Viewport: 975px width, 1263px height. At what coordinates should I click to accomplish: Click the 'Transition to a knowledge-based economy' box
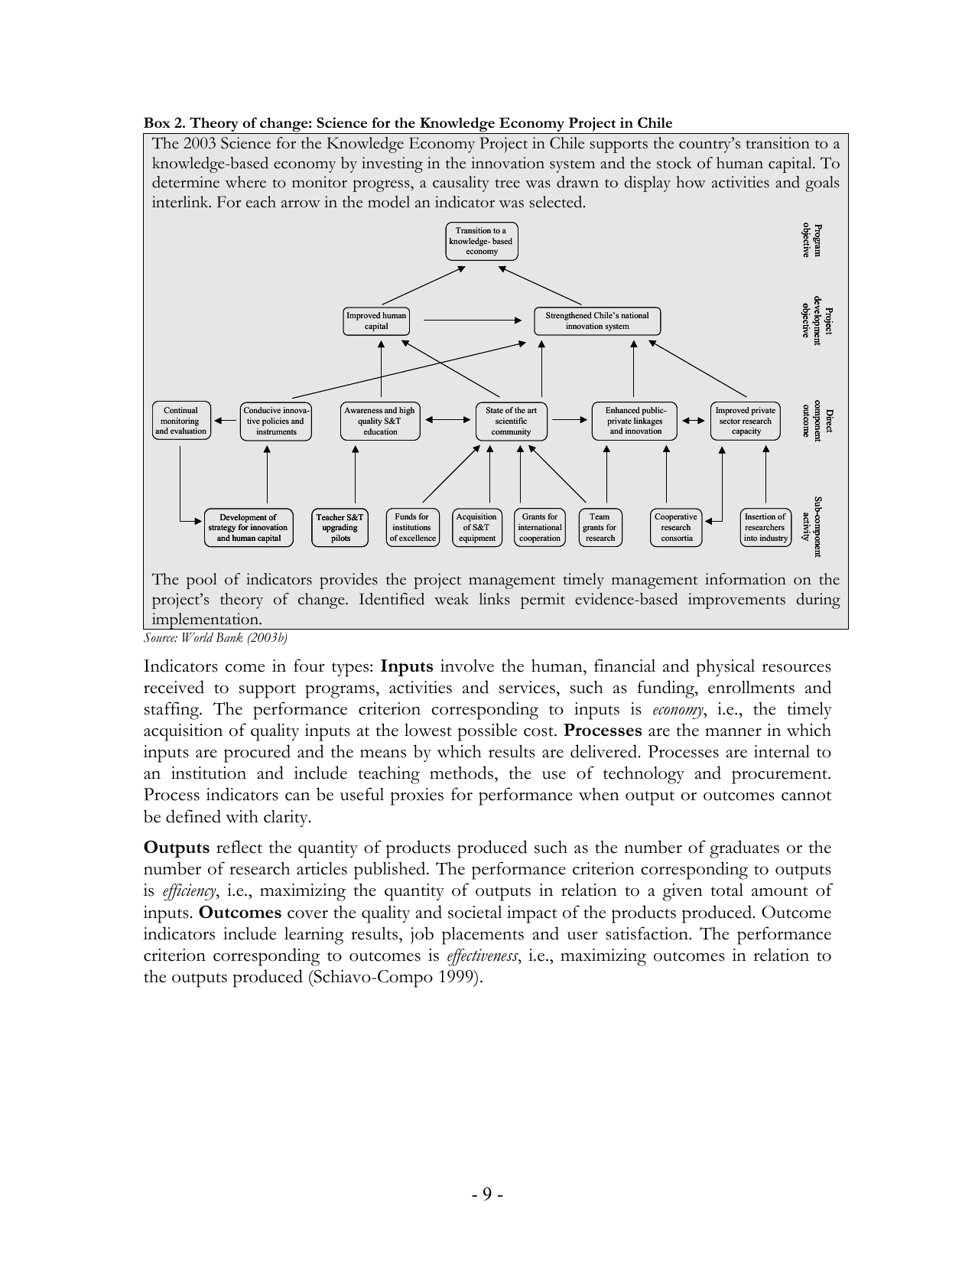point(481,241)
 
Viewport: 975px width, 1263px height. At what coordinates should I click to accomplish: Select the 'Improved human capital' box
point(375,321)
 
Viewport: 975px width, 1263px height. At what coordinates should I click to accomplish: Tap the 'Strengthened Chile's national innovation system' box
point(596,321)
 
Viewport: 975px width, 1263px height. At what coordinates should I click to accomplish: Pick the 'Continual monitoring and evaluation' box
point(180,421)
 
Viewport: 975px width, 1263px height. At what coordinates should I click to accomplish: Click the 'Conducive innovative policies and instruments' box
point(276,422)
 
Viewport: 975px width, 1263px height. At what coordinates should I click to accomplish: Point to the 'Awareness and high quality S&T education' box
point(380,422)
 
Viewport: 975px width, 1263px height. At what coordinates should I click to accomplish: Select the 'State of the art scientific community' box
point(511,422)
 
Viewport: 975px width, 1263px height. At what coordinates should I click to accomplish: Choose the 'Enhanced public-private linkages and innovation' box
point(635,422)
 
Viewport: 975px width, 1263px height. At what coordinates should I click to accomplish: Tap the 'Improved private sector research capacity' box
point(746,422)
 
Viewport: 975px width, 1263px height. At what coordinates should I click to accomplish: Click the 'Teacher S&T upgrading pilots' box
point(340,528)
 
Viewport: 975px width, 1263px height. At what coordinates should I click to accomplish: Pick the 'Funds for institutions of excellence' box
point(412,528)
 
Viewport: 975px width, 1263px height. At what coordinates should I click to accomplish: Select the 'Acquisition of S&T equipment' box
point(476,528)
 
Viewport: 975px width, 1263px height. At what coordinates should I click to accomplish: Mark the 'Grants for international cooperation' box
point(540,528)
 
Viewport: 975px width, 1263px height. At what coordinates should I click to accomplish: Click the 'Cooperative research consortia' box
point(676,528)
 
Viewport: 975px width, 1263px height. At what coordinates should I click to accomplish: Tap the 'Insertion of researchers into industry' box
point(765,528)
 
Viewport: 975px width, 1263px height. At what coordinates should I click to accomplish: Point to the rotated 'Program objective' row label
point(811,241)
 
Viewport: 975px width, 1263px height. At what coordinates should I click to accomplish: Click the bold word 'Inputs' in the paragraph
point(407,666)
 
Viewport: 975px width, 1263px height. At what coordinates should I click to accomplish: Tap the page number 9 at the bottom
point(487,1194)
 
